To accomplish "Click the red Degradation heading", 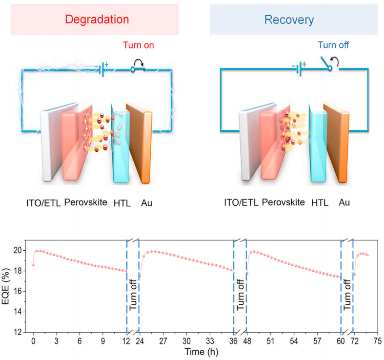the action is tap(97, 20).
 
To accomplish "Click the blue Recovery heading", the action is tap(289, 20).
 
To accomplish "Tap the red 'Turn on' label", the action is tap(139, 45).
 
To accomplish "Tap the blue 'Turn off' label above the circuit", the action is tap(333, 45).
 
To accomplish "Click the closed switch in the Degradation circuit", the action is tap(138, 69).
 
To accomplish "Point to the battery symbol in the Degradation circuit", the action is tap(102, 69).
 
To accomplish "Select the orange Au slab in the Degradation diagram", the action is tap(140, 143).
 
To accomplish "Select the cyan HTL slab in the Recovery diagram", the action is tap(318, 144).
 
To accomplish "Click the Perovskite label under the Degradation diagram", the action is tap(86, 202).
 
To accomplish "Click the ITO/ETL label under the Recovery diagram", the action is tap(241, 203).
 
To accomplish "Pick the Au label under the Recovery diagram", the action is tap(344, 202).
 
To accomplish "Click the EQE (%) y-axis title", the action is tap(5, 286).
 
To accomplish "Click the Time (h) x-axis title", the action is tap(202, 352).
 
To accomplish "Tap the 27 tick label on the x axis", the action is tap(163, 341).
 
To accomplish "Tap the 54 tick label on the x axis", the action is tap(294, 341).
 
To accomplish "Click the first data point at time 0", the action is tap(33, 265).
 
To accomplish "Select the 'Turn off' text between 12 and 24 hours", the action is tap(133, 295).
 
